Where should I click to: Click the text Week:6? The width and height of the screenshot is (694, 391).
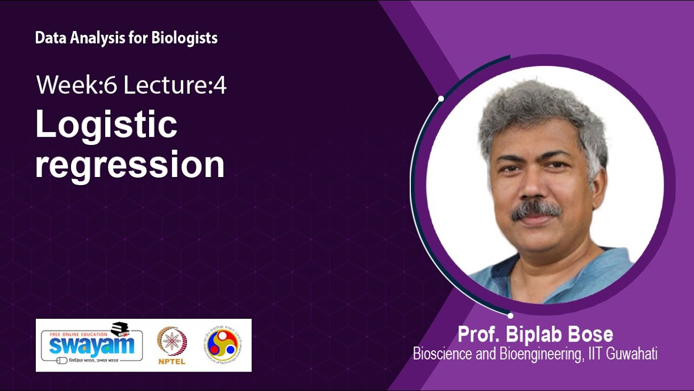[x=76, y=85]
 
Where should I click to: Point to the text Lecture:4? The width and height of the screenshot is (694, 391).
[x=175, y=85]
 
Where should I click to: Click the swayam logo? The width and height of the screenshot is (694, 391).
[x=89, y=344]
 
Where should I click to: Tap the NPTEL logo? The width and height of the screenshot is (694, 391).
[x=172, y=345]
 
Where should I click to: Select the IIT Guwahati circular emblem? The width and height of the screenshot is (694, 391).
[x=222, y=345]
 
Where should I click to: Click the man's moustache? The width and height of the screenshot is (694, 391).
[x=536, y=209]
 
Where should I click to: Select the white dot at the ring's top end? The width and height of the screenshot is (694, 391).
[x=441, y=99]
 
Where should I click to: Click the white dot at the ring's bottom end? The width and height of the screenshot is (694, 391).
[x=510, y=316]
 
